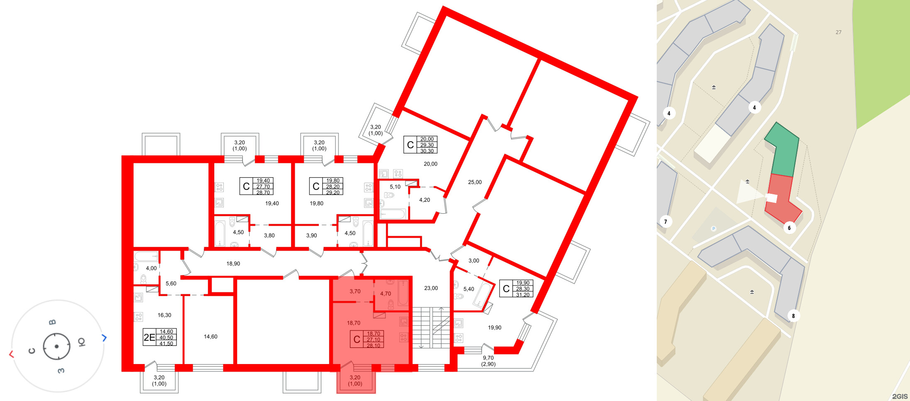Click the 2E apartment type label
(x=149, y=337)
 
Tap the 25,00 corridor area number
(x=475, y=182)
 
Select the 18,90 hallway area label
(x=233, y=264)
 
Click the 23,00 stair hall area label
(x=431, y=288)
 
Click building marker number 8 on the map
(x=793, y=316)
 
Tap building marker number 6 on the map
(x=789, y=228)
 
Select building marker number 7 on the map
(x=665, y=222)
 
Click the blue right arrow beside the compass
(x=104, y=338)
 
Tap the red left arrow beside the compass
(x=11, y=354)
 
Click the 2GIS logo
(x=900, y=396)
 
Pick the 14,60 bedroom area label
(x=210, y=337)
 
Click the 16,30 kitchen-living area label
(x=164, y=315)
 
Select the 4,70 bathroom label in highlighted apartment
(x=385, y=293)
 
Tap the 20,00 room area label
(x=430, y=164)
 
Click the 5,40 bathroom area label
(x=468, y=289)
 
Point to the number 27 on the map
(x=838, y=32)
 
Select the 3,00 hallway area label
(x=473, y=261)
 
